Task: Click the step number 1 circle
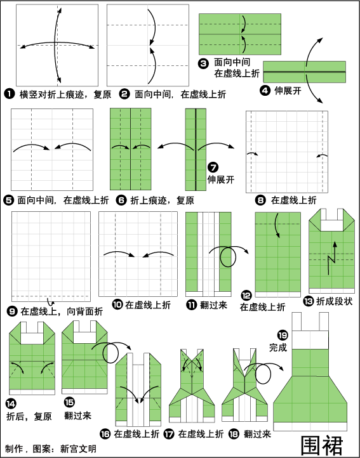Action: pos(10,95)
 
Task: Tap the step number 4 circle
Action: pos(265,91)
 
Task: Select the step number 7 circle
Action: pos(213,167)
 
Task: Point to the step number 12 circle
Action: pos(246,296)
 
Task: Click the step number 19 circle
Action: pos(283,335)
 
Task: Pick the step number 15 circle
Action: pos(69,403)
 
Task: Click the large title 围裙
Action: pos(322,446)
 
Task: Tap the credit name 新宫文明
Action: pos(78,448)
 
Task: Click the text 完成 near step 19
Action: pos(278,348)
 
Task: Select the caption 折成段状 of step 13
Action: pos(334,301)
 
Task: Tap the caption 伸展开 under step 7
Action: pos(221,180)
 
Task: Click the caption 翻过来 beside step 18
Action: pos(257,434)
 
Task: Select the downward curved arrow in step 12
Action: pos(277,225)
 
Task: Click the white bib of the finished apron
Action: pos(310,340)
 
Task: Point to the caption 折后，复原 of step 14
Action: pos(29,416)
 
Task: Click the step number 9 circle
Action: pos(12,311)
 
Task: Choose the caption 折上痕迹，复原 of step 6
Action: pos(162,200)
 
